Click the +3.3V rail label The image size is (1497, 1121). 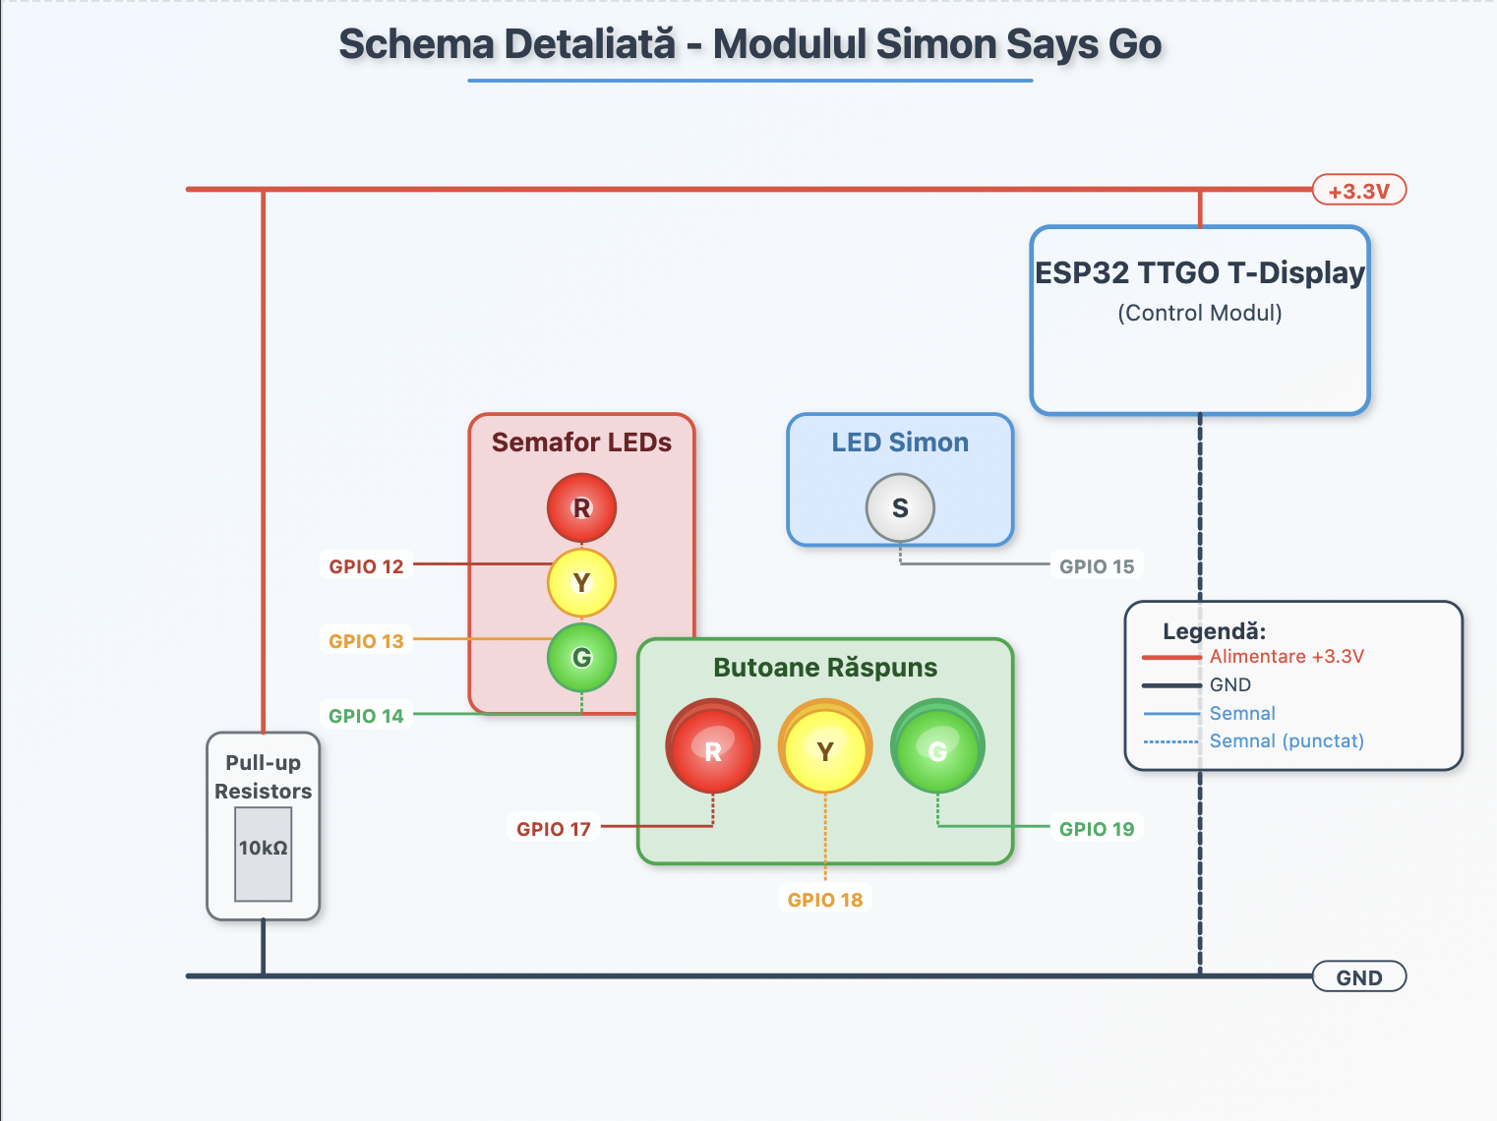1358,191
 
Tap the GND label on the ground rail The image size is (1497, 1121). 1358,977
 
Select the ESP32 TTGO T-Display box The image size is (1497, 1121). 1199,321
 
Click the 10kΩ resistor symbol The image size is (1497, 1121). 263,853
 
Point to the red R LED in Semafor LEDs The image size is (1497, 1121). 581,508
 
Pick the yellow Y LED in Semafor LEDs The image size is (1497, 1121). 581,583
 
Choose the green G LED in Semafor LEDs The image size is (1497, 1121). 581,657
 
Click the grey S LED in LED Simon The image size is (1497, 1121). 900,508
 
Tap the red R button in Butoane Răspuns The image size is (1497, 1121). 713,750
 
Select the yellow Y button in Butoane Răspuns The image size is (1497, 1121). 825,750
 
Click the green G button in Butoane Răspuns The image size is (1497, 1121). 937,750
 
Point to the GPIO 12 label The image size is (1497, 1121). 366,566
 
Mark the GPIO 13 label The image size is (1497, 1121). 366,641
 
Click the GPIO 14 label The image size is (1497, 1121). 366,716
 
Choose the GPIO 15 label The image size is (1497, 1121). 1096,566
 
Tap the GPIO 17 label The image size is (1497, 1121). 554,829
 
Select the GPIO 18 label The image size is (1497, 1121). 825,900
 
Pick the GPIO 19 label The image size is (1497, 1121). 1096,829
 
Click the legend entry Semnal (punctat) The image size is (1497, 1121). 1286,741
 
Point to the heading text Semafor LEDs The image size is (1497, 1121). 581,442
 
